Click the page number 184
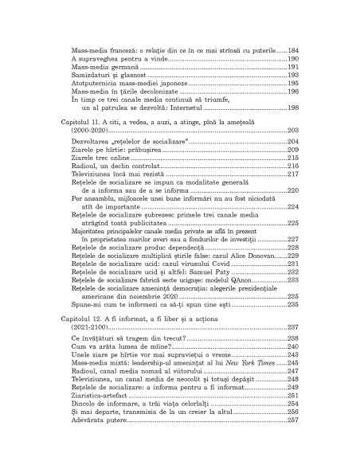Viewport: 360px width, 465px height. (x=292, y=50)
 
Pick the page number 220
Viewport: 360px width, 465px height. (x=292, y=190)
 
